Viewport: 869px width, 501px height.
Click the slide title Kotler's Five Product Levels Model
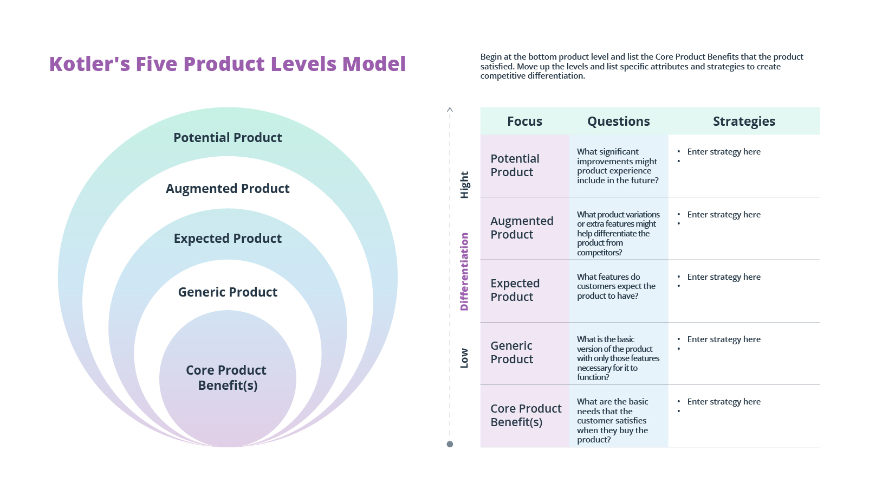(x=228, y=64)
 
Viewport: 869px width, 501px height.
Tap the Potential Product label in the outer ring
(x=228, y=138)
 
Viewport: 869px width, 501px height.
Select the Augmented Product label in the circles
(x=228, y=189)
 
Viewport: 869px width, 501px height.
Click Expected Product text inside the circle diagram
(x=228, y=239)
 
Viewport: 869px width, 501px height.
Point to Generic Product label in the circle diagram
(x=228, y=292)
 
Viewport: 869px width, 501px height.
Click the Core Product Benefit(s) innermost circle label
(x=227, y=378)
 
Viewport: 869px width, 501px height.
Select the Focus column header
(x=524, y=121)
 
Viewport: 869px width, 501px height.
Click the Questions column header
(x=618, y=121)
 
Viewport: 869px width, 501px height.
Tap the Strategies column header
(x=744, y=121)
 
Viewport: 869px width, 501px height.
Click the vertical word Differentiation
(x=464, y=272)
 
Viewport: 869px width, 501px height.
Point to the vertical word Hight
(x=464, y=185)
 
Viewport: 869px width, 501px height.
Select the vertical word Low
(x=464, y=358)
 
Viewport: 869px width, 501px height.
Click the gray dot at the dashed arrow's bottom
(x=450, y=444)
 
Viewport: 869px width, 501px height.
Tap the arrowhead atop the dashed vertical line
(x=450, y=110)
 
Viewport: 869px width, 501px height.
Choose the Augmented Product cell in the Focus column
(x=521, y=228)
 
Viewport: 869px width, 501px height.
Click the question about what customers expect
(x=615, y=286)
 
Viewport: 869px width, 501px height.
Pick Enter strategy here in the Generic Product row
(x=723, y=339)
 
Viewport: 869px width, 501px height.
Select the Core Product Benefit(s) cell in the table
(x=526, y=415)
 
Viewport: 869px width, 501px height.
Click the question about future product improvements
(x=617, y=166)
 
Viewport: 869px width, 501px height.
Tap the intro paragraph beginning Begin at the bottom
(x=641, y=66)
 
